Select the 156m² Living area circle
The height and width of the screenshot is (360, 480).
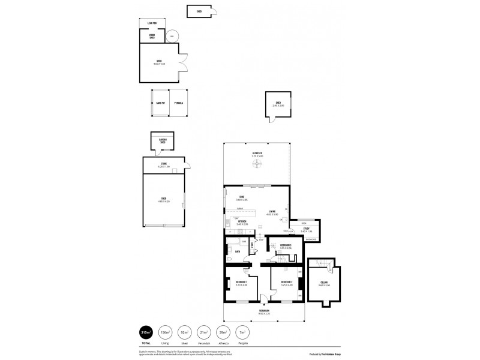[164, 332]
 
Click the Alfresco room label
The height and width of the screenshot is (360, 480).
[257, 154]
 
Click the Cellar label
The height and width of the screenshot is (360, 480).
[323, 281]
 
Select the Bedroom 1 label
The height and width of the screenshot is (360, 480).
[241, 282]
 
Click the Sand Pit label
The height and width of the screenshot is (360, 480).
[160, 103]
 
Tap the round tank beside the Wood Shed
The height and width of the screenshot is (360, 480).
[172, 36]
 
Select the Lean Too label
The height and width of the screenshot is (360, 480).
[152, 23]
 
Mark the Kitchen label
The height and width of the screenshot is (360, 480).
[242, 221]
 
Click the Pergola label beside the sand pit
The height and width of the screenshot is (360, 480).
[179, 103]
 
